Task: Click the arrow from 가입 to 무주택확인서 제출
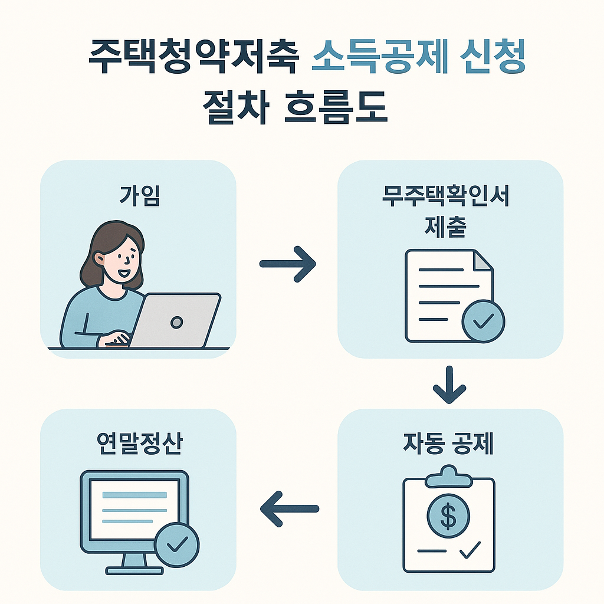(288, 264)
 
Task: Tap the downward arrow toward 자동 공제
(449, 385)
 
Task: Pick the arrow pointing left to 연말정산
(289, 508)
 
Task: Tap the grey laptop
(175, 321)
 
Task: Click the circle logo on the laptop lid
(176, 322)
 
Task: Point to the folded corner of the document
(483, 261)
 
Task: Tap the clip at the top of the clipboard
(449, 475)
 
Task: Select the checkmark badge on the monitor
(176, 544)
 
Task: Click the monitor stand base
(134, 570)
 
